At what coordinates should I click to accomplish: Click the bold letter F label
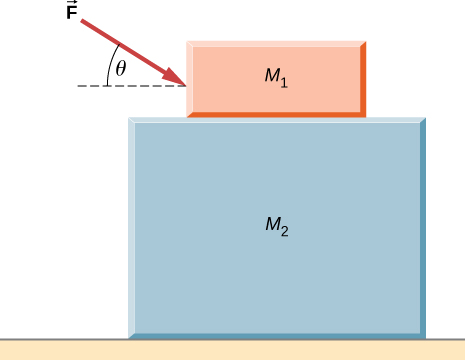[73, 19]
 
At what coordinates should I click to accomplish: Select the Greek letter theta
[120, 68]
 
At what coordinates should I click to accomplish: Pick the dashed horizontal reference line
[130, 87]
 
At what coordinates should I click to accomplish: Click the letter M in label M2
[272, 224]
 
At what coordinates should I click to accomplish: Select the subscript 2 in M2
[285, 229]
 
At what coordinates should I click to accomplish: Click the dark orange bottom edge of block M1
[275, 114]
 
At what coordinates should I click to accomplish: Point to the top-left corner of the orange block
[189, 44]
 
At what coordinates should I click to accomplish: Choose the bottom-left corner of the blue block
[130, 337]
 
